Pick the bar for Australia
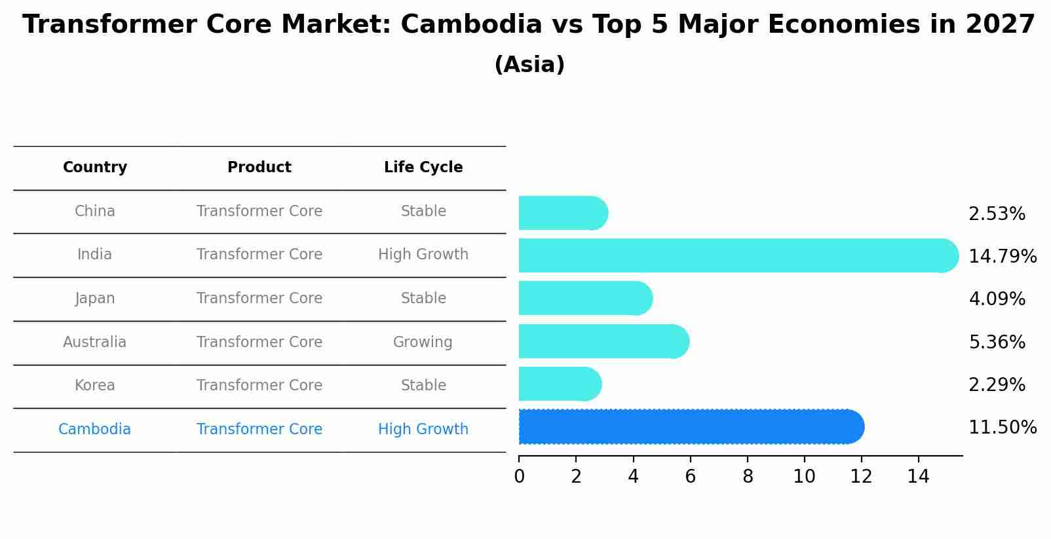(603, 341)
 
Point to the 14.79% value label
(1002, 256)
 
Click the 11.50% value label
(1002, 428)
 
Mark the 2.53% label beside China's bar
(997, 214)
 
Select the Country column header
(95, 168)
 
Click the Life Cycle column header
(423, 168)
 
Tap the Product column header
(259, 168)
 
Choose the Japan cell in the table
(95, 299)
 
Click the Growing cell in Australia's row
(423, 342)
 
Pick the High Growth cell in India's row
(423, 254)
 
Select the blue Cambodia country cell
(95, 430)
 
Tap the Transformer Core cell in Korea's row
(259, 385)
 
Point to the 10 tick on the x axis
(804, 477)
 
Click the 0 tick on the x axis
(519, 477)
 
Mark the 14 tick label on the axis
(918, 477)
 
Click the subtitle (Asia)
(529, 65)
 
